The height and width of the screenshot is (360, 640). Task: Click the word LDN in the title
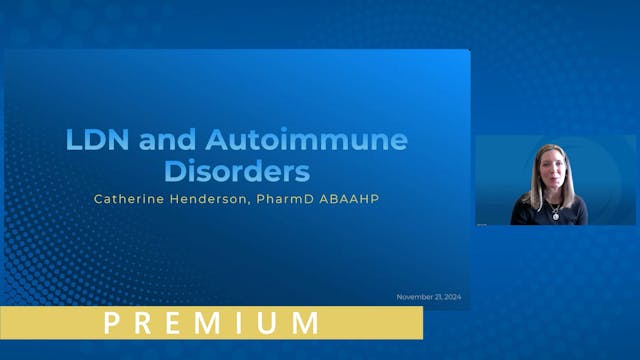[94, 140]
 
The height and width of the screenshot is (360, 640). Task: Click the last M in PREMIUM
[305, 323]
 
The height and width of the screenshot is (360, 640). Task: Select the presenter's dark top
[573, 213]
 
